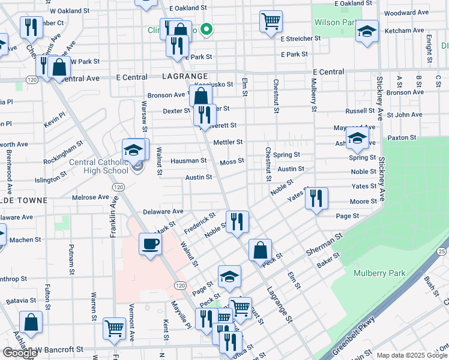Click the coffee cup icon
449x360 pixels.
[x=150, y=244]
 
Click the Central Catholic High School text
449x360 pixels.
[x=99, y=166]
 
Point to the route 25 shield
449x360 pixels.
[x=442, y=251]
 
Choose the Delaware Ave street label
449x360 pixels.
[x=163, y=212]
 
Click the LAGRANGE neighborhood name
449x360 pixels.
[x=185, y=77]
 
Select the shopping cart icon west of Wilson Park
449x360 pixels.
[x=271, y=21]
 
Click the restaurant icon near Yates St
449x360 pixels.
[x=316, y=197]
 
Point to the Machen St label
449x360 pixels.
[x=25, y=239]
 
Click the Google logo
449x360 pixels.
[x=20, y=353]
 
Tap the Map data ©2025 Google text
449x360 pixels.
[x=411, y=355]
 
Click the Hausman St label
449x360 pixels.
[x=188, y=161]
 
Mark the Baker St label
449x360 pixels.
[x=328, y=259]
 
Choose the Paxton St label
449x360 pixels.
[x=402, y=138]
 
